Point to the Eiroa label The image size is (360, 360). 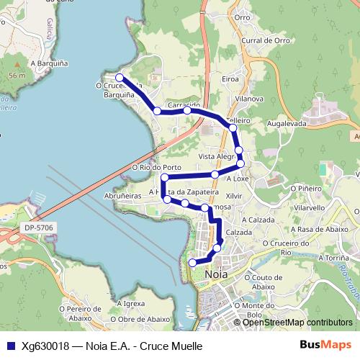tap(230, 79)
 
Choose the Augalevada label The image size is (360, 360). tap(287, 125)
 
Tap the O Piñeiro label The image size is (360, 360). tap(305, 188)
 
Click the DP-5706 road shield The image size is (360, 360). tap(37, 228)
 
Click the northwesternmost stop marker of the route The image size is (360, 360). tap(120, 78)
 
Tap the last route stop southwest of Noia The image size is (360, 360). tap(192, 264)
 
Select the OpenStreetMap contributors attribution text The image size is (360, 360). tap(297, 323)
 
